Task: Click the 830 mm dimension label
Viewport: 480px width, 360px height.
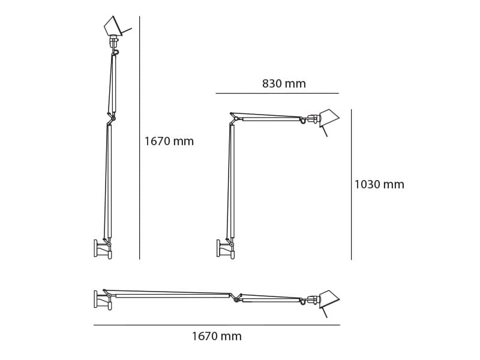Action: (284, 84)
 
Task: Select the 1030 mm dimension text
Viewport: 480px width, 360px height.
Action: (379, 185)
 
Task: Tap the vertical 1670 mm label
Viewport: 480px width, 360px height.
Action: (169, 142)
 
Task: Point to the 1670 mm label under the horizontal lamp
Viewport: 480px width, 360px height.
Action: (217, 337)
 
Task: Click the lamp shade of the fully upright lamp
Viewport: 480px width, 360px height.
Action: (112, 26)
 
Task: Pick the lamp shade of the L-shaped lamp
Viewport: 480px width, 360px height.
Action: (329, 117)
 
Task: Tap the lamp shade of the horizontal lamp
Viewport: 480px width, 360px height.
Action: (329, 299)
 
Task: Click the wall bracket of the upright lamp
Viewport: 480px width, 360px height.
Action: (96, 248)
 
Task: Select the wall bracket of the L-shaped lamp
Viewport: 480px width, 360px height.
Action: (219, 248)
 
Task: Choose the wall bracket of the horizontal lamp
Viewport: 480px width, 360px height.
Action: (96, 299)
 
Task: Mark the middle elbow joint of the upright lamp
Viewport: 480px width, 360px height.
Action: (112, 118)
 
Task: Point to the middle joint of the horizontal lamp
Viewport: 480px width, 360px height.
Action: (236, 298)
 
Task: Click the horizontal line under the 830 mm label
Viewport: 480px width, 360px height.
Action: (277, 93)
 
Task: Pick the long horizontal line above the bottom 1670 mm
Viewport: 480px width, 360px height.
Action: (217, 325)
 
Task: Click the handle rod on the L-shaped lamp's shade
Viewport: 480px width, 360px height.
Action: (325, 131)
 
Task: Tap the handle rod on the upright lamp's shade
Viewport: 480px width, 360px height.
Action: (127, 30)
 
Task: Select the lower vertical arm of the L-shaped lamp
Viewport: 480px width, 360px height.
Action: (231, 180)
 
